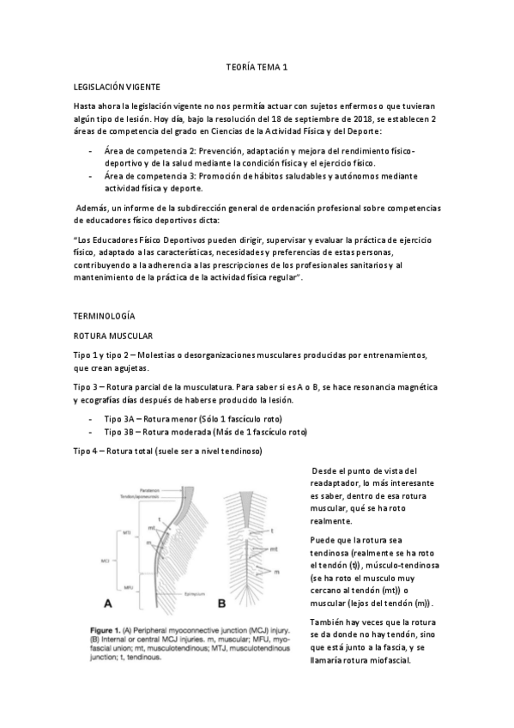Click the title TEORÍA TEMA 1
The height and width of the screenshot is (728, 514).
click(257, 66)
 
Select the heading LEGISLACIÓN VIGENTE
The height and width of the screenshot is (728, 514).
click(116, 88)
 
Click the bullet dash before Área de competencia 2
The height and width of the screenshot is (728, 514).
click(92, 150)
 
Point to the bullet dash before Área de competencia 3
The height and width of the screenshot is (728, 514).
click(92, 176)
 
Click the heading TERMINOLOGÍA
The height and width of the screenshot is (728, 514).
click(105, 316)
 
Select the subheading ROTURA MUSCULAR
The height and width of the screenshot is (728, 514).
click(112, 337)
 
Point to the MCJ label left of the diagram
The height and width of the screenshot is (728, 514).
click(105, 560)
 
